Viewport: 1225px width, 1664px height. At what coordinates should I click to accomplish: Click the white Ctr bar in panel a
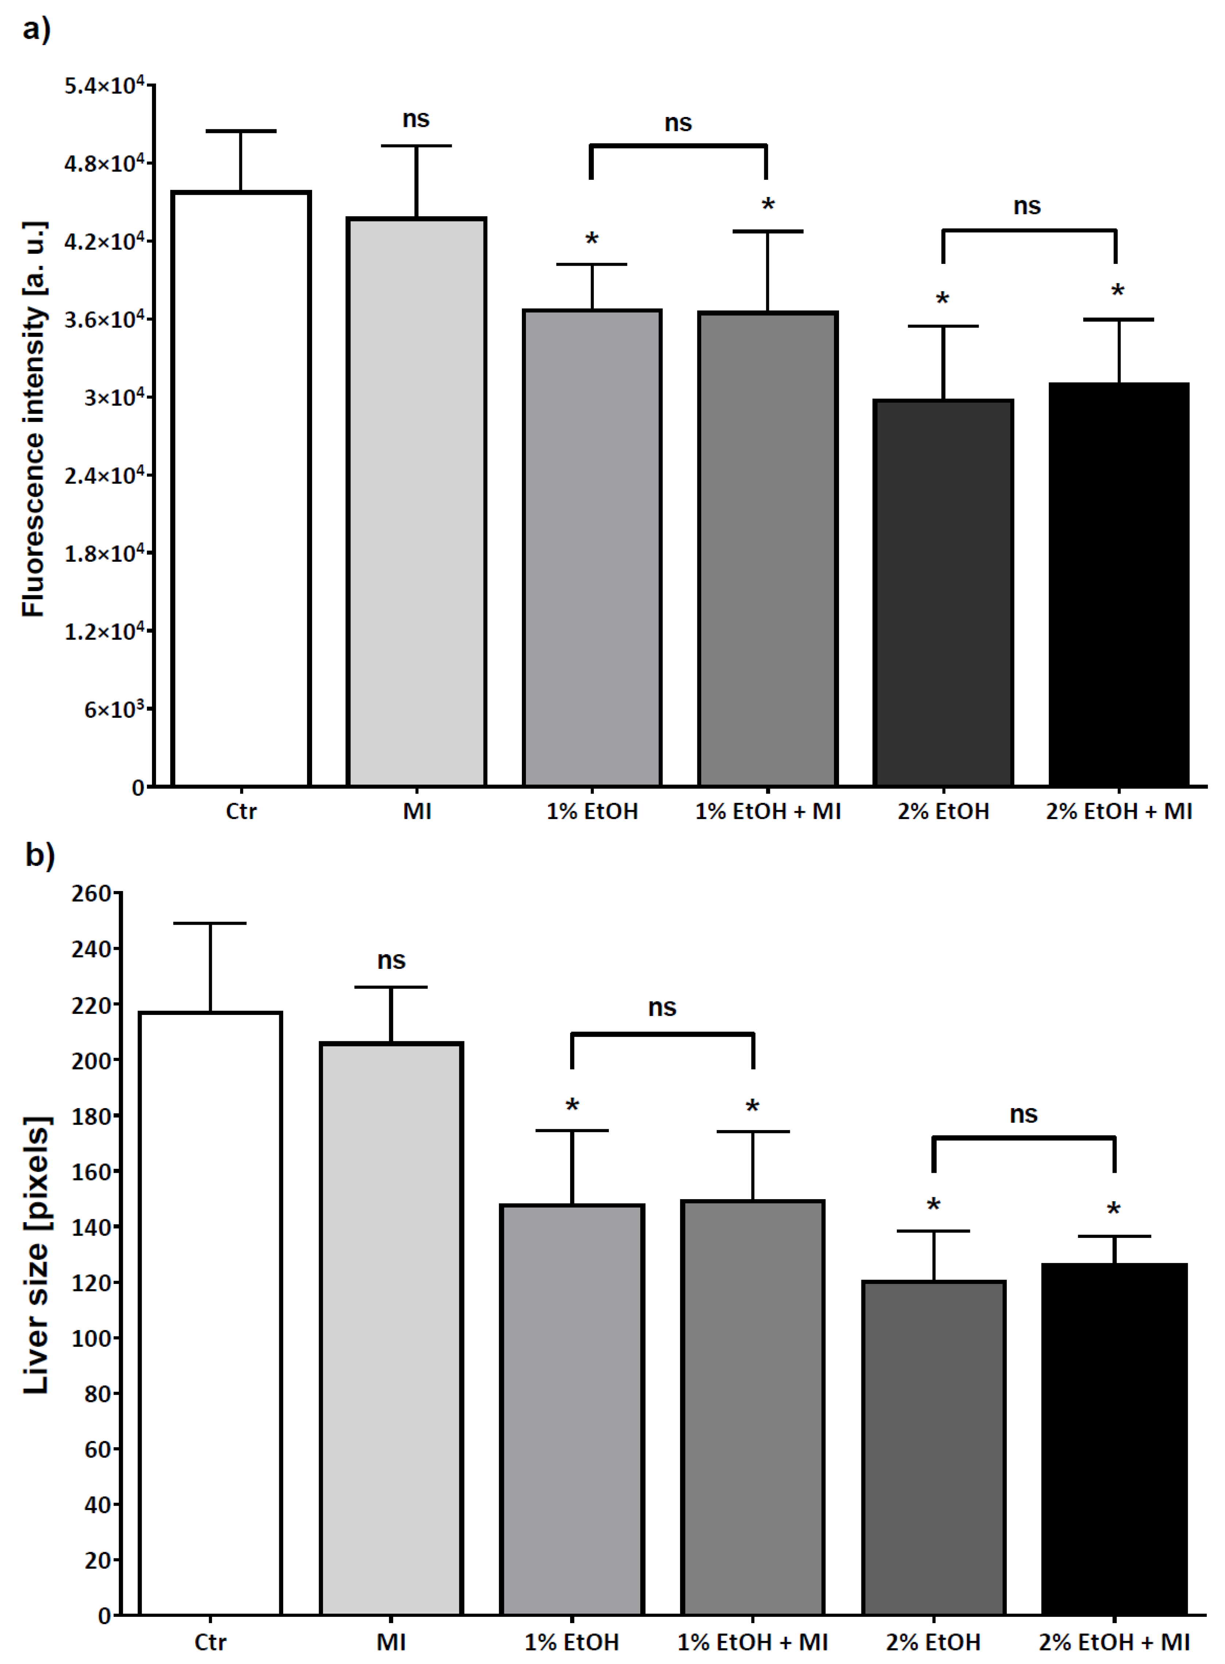[x=241, y=489]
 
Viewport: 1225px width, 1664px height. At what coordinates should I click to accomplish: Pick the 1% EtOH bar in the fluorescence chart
[x=592, y=549]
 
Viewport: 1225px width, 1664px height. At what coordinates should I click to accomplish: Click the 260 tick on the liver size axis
[x=91, y=894]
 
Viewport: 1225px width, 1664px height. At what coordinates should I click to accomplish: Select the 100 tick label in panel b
[x=91, y=1338]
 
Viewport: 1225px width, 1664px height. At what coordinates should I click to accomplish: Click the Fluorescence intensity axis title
[x=33, y=419]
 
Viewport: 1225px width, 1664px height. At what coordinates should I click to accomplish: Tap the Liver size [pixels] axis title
[x=35, y=1253]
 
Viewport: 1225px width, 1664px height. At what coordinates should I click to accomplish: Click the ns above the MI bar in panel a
[x=416, y=119]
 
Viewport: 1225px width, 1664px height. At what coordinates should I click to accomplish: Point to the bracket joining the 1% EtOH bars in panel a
[x=678, y=146]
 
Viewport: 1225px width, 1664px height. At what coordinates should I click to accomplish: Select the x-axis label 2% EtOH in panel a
[x=943, y=811]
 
